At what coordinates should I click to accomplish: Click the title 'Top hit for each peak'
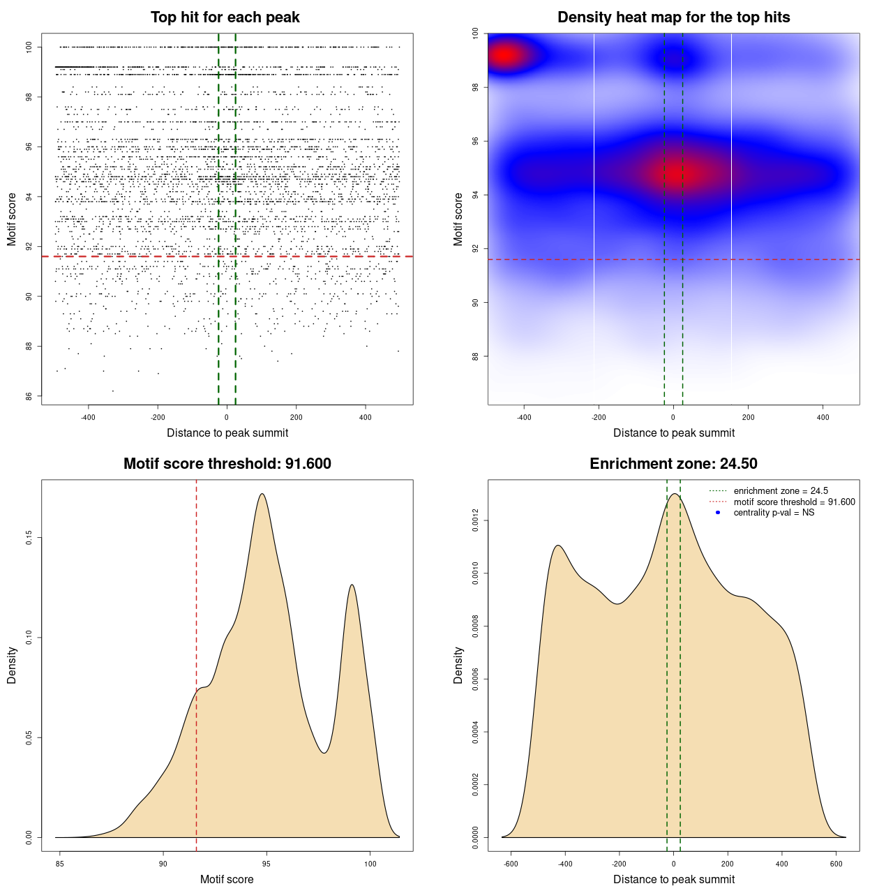[x=225, y=17]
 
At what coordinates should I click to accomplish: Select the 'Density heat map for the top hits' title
[x=673, y=17]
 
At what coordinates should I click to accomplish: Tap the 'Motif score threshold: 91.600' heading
[x=227, y=464]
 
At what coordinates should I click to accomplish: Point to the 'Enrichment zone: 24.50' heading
[x=673, y=464]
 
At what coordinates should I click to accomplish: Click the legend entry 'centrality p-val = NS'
[x=774, y=513]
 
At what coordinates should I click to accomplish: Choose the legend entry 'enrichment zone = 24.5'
[x=781, y=491]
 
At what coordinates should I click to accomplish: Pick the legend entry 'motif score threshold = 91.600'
[x=794, y=502]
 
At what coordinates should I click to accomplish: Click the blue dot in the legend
[x=718, y=513]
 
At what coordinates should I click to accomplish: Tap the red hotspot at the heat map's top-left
[x=504, y=55]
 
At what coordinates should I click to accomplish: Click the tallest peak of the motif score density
[x=262, y=494]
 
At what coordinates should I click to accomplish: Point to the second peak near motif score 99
[x=352, y=585]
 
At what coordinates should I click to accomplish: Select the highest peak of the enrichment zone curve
[x=674, y=494]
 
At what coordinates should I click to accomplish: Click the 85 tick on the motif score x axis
[x=60, y=864]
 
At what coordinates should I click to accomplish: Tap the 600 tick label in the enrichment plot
[x=836, y=864]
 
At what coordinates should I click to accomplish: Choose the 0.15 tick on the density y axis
[x=29, y=538]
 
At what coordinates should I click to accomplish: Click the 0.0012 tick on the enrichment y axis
[x=475, y=520]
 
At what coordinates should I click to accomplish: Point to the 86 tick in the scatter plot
[x=29, y=396]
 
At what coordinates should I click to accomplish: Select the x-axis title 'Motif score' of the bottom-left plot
[x=227, y=879]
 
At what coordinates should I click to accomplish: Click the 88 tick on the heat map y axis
[x=475, y=357]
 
